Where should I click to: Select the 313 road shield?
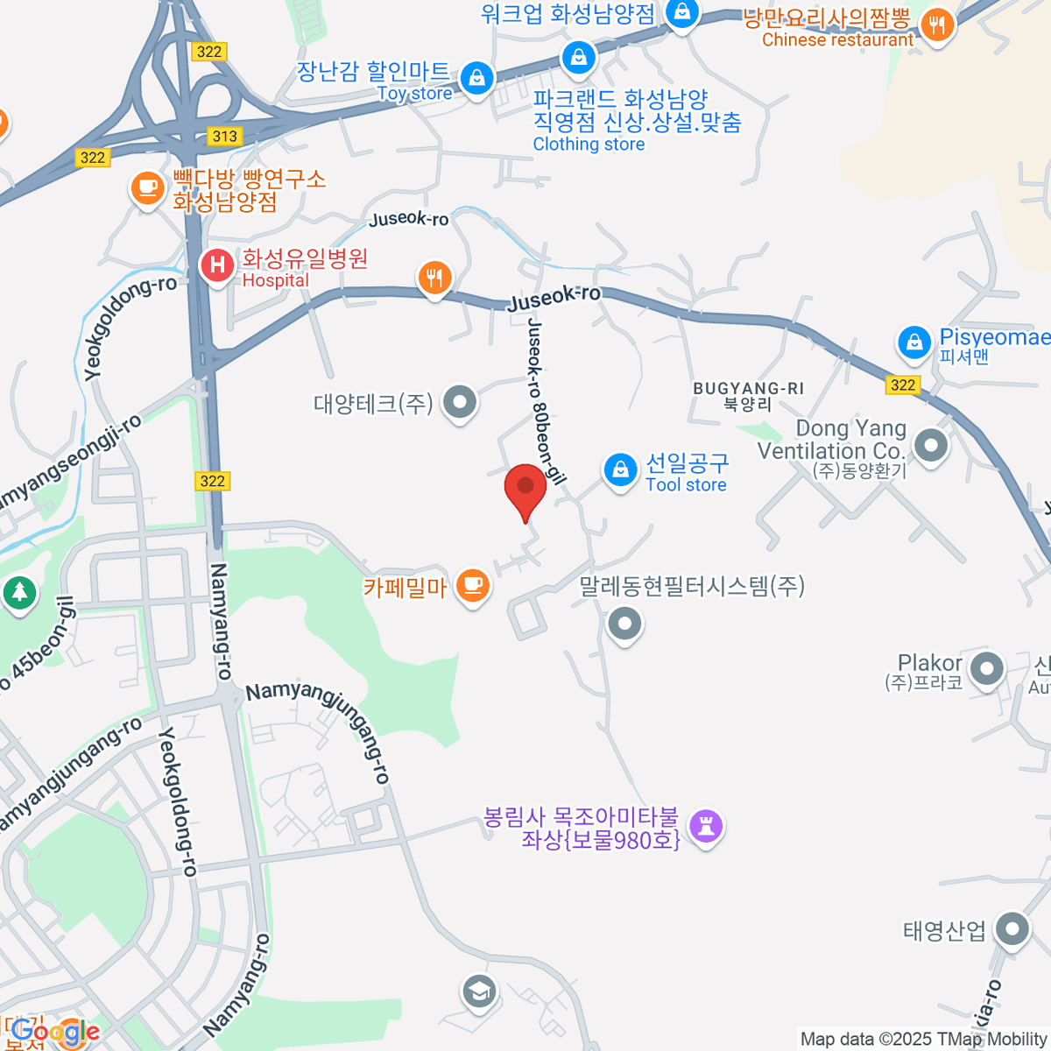224,136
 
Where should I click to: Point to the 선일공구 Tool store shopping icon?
620,470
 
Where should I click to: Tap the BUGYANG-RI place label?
748,388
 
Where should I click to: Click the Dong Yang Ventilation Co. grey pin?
930,446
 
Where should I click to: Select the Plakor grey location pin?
987,669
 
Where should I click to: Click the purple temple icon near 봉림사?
706,825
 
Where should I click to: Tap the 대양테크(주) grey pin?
459,403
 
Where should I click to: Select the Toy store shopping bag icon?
476,79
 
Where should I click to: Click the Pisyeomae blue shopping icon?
914,342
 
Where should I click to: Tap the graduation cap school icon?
478,992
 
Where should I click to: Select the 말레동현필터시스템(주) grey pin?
624,624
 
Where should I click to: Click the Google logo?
55,1032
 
